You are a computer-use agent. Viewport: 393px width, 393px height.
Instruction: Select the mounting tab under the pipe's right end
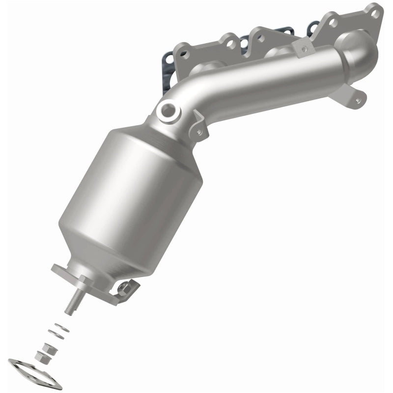coord(356,96)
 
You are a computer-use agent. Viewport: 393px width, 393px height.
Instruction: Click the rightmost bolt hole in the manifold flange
coord(376,14)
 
